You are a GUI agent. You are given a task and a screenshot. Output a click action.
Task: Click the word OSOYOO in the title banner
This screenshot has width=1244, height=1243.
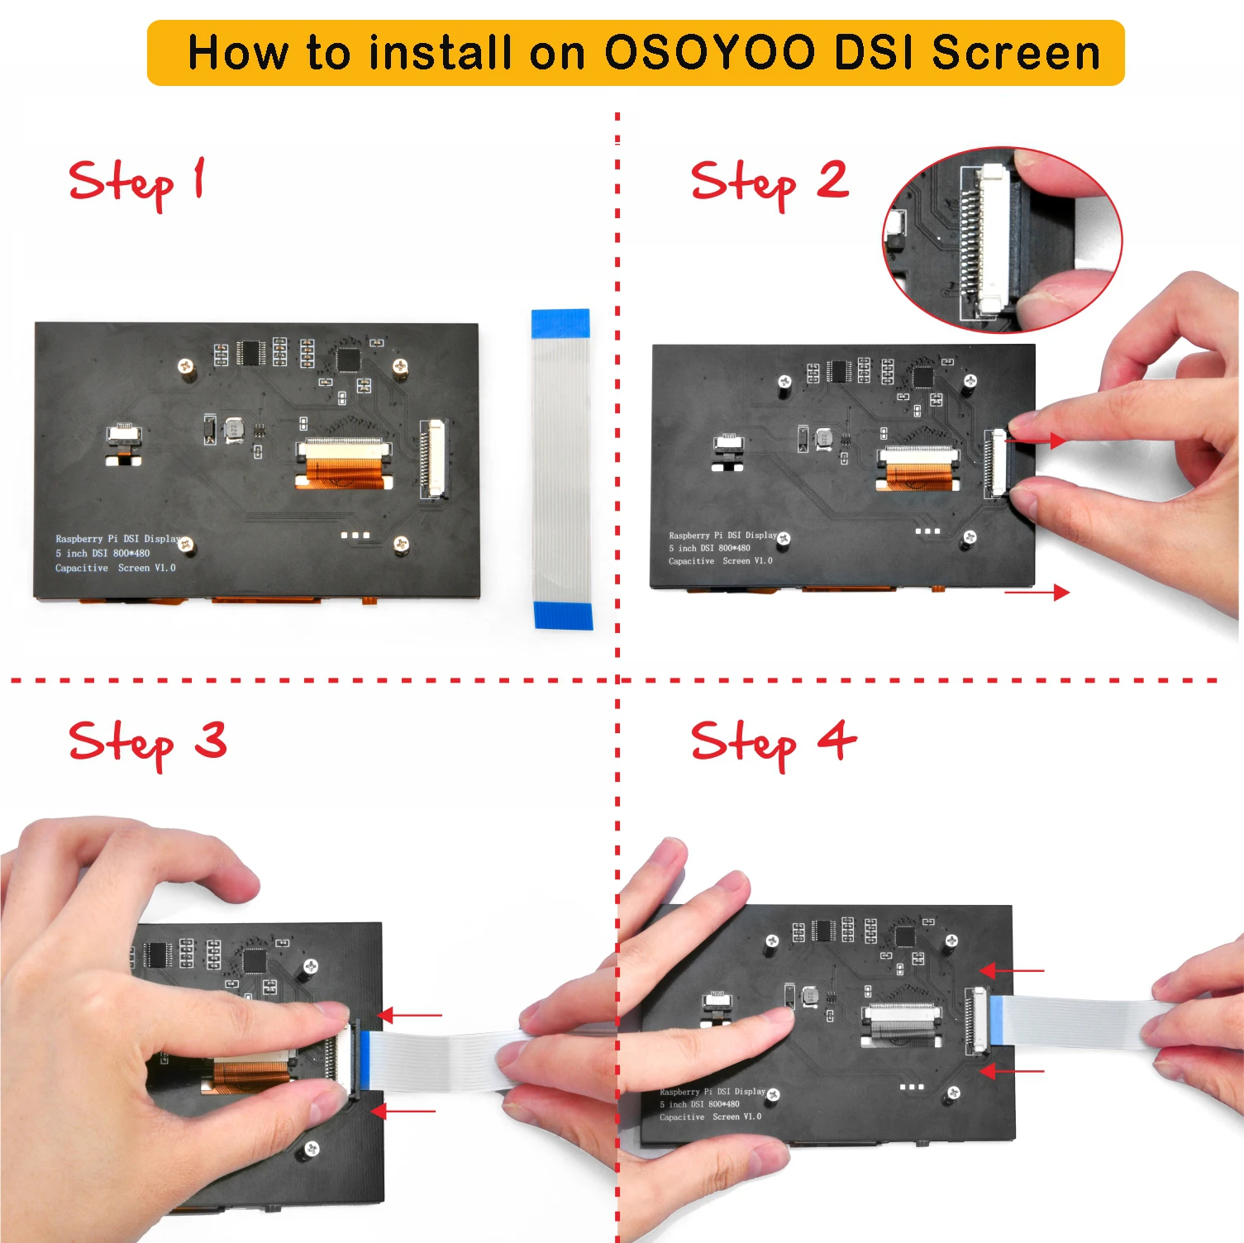pyautogui.click(x=710, y=53)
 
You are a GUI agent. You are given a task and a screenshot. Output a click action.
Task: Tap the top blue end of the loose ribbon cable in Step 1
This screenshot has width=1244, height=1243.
pyautogui.click(x=560, y=324)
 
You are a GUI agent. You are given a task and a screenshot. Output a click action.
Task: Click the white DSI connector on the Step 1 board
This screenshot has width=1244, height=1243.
pyautogui.click(x=433, y=459)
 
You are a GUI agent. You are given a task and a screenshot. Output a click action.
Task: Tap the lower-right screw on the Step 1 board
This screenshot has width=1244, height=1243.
pyautogui.click(x=401, y=544)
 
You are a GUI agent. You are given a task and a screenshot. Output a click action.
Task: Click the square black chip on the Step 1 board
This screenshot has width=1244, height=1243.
pyautogui.click(x=348, y=360)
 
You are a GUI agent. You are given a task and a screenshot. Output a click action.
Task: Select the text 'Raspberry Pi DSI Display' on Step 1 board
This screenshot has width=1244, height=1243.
pyautogui.click(x=117, y=539)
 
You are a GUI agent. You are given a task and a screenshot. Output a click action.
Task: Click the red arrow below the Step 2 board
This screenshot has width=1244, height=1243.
pyautogui.click(x=1037, y=592)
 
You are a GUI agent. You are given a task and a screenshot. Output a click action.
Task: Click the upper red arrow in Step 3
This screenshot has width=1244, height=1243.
pyautogui.click(x=409, y=1015)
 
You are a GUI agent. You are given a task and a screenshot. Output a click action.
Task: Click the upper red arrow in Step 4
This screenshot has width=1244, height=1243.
pyautogui.click(x=1012, y=970)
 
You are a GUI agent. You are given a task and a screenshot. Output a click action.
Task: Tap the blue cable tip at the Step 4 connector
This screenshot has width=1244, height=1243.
pyautogui.click(x=995, y=1019)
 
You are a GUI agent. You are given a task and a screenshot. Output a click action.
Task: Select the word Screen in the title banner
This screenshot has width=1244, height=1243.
pyautogui.click(x=1016, y=53)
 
